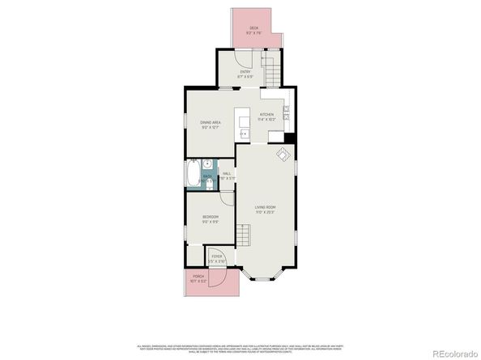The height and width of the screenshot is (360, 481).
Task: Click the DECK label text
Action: coord(253,30)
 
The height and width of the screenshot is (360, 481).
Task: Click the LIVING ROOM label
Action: coord(266,210)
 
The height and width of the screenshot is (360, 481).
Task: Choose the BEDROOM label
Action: coord(210,219)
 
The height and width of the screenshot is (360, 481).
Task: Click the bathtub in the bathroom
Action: coord(192,174)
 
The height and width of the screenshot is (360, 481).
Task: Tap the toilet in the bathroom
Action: coord(209,186)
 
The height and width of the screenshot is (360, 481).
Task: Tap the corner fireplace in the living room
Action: coord(283,154)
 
